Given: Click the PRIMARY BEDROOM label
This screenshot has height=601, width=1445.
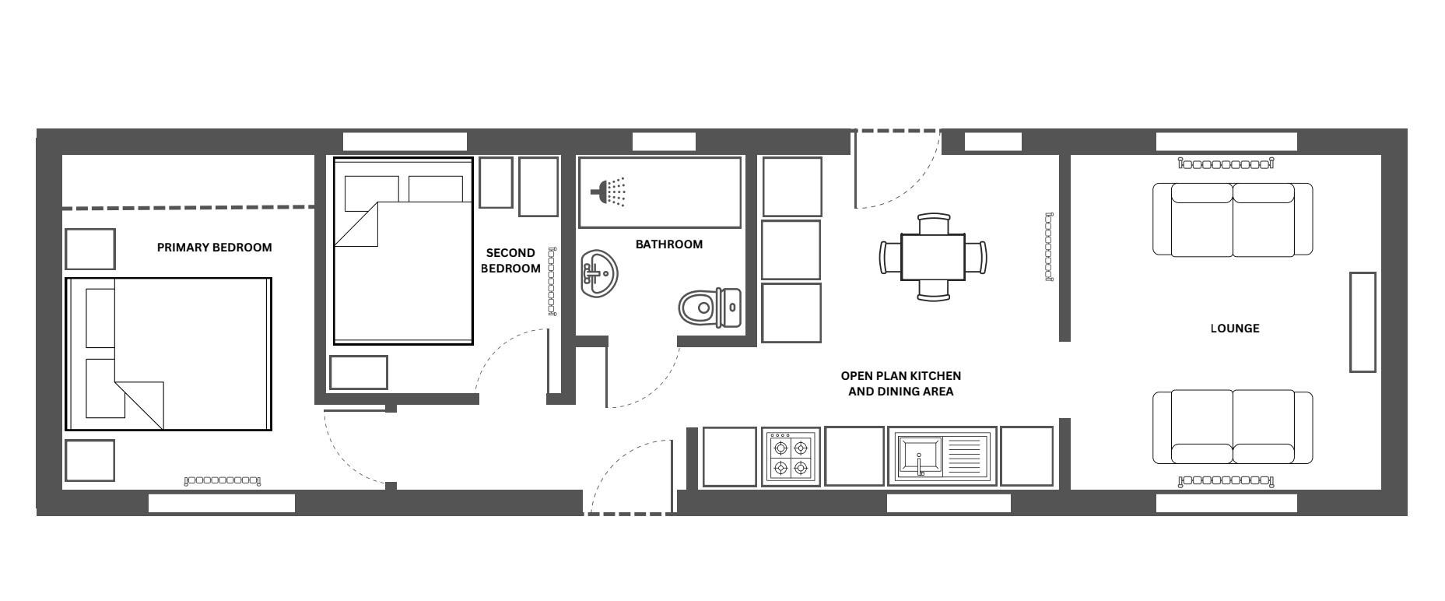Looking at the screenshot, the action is point(214,248).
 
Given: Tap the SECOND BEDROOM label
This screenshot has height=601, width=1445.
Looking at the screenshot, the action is point(510,261).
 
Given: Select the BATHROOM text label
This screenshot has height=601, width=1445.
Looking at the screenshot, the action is point(669,244).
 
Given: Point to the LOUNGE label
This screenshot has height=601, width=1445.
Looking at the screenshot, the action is point(1234,329).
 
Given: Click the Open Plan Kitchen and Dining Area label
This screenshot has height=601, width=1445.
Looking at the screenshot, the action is point(900,384).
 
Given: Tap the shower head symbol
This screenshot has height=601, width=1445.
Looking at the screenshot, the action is point(609,192).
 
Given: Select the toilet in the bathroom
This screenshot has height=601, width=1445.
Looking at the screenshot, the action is point(710,308).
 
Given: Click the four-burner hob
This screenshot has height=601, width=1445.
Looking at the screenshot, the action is point(791,458).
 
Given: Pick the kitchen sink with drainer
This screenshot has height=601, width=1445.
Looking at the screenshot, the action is point(942,456).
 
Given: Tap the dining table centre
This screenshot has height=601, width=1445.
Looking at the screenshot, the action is point(932,257).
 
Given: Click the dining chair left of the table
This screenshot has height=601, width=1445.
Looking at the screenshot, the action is point(890,257).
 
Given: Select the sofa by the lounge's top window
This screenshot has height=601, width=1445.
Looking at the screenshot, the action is point(1233,220).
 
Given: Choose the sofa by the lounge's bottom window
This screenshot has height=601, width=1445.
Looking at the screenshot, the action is point(1233,428).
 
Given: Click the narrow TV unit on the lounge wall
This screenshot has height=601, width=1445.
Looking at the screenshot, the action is point(1363,322).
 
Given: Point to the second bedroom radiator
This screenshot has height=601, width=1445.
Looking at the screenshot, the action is point(552,281).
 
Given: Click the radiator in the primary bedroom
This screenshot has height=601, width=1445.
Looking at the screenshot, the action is point(223,481).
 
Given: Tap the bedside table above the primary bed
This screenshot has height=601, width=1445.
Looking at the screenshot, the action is point(90,249).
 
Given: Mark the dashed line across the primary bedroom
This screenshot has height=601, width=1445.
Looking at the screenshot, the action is point(188,208).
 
